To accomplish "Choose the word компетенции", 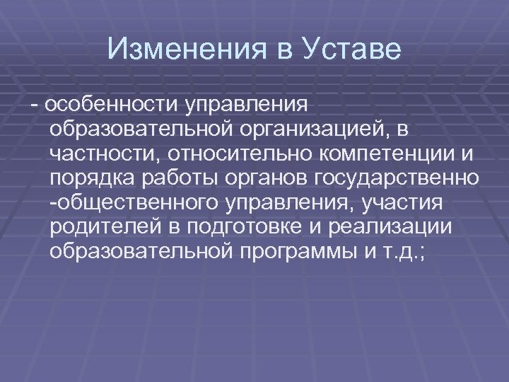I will point(381,154).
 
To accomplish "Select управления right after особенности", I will point(247,105).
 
